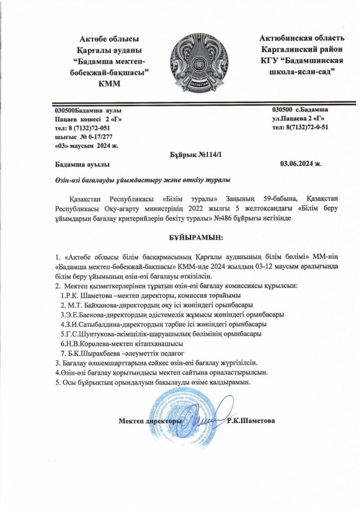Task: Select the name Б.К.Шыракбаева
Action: [x=93, y=353]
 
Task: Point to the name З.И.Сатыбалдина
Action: [x=94, y=323]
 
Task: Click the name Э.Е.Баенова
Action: [x=85, y=314]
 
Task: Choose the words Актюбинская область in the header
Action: [x=302, y=38]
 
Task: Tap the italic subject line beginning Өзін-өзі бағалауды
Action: [x=143, y=179]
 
